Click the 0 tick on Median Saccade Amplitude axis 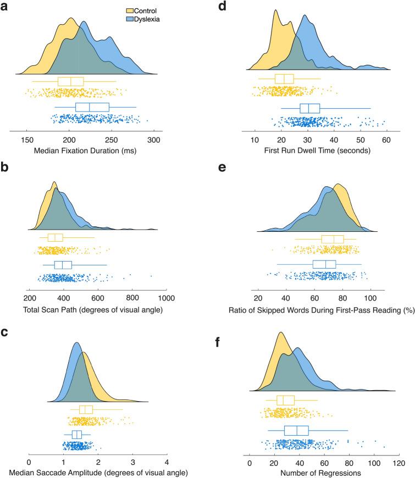click(29, 460)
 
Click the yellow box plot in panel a click(70, 81)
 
